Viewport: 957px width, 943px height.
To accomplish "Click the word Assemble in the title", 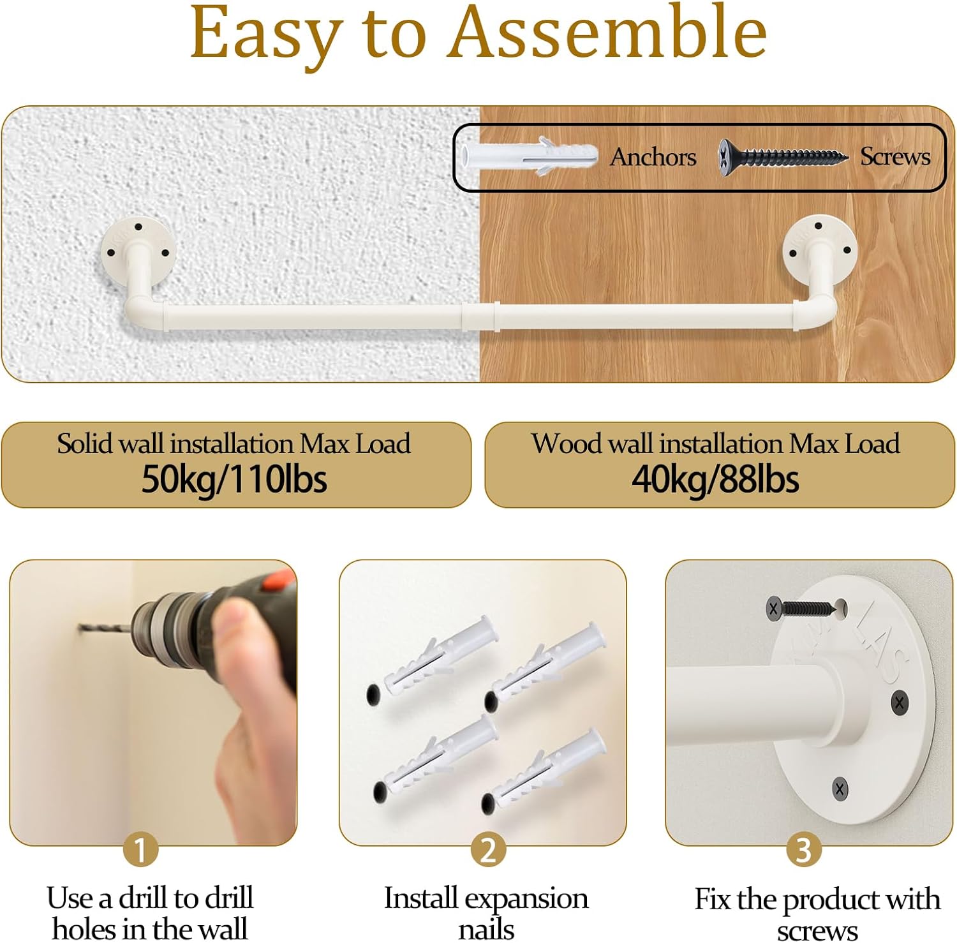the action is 608,32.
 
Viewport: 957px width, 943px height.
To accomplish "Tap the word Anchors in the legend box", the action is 653,157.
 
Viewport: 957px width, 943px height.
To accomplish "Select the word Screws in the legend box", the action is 895,156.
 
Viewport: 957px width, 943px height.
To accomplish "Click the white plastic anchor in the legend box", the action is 529,156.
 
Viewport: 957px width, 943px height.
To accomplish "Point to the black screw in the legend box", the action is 783,156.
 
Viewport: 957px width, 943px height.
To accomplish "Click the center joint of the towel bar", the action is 480,316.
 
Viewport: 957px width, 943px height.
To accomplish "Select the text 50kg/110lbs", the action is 234,479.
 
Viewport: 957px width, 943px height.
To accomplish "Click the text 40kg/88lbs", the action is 715,479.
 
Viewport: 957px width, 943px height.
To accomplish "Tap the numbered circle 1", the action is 140,849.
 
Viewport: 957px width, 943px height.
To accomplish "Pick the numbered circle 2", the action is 488,849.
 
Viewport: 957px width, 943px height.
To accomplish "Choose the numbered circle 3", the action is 803,849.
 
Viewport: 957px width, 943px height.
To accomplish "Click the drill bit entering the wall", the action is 106,629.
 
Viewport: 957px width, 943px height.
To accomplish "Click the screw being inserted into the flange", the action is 802,608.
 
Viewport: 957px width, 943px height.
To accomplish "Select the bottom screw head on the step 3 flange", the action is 840,789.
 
